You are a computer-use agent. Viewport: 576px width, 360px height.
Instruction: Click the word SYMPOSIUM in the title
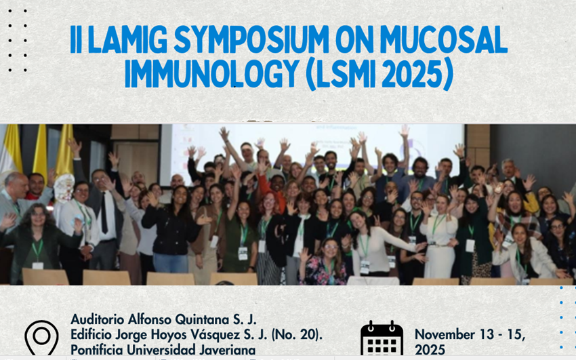pos(251,40)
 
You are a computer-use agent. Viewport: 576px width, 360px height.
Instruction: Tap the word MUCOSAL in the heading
pos(444,40)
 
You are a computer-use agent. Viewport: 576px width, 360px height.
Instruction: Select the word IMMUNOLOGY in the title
pos(211,73)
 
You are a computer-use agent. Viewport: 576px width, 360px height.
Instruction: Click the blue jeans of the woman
pos(171,263)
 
